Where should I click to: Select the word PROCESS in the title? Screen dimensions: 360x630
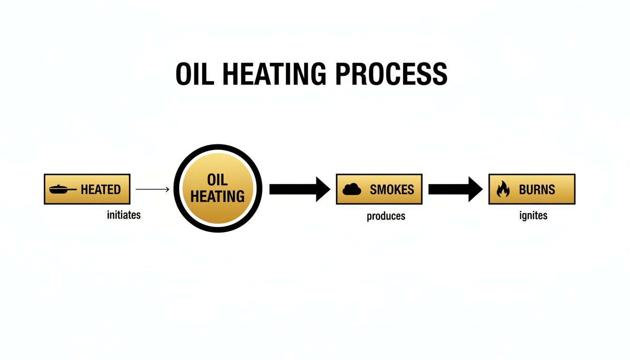pos(391,74)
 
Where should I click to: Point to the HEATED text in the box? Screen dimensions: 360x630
pos(101,189)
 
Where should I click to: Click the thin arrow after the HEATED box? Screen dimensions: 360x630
pos(152,189)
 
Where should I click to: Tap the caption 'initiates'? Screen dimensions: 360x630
pos(124,215)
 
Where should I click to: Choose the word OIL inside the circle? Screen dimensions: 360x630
pos(217,180)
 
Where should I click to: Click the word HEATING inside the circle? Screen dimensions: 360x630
pos(217,196)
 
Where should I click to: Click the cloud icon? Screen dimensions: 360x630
pos(352,189)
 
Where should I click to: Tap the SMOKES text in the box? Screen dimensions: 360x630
pos(392,189)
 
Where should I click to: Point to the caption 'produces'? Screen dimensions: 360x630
pos(386,216)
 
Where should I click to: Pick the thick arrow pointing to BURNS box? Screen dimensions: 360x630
pos(455,189)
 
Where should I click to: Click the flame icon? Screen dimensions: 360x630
pos(503,189)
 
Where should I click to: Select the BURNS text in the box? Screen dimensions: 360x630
pos(537,189)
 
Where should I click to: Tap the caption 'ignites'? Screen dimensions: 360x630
pos(533,216)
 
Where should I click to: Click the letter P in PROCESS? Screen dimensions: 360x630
pos(344,74)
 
